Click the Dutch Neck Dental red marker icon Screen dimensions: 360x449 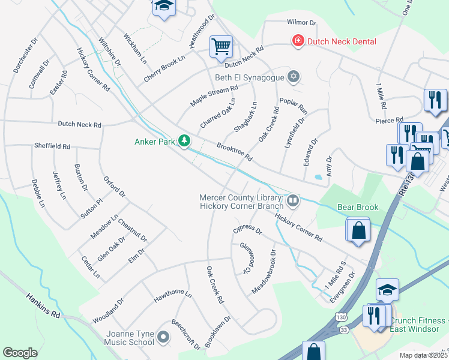[297, 41]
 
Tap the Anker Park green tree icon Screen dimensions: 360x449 [184, 142]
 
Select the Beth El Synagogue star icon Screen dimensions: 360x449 [294, 77]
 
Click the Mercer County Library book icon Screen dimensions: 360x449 [293, 200]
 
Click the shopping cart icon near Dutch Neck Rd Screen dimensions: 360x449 [221, 46]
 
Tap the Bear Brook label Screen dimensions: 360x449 [358, 208]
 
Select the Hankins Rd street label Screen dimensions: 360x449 [44, 305]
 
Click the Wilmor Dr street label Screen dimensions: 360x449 [301, 22]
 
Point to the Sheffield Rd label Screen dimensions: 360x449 [52, 146]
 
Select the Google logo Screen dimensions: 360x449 [20, 353]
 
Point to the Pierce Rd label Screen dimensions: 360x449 [390, 120]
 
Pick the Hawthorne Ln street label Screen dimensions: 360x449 [172, 295]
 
